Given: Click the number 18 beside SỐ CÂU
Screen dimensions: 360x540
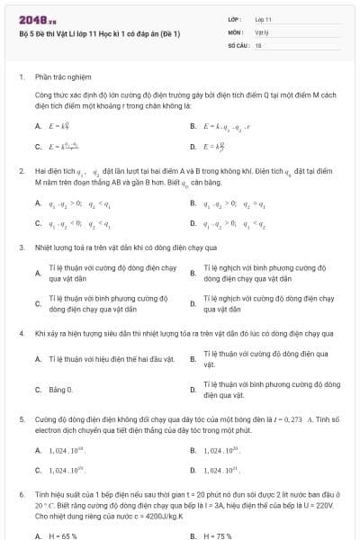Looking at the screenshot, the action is coord(258,44).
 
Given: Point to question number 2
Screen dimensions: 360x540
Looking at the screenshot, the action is coord(21,170).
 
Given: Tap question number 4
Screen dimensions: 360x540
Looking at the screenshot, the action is coord(21,333).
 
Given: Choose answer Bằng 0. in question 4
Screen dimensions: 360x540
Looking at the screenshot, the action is coord(60,390).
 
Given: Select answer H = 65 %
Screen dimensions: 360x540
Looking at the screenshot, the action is coord(63,535).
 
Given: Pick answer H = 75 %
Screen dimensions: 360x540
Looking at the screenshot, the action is coord(218,535).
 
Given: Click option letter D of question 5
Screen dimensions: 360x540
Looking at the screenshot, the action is coord(193,470).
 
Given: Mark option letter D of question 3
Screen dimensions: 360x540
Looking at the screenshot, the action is coord(193,303).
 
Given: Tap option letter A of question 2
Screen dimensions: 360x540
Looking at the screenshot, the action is coord(38,203).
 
